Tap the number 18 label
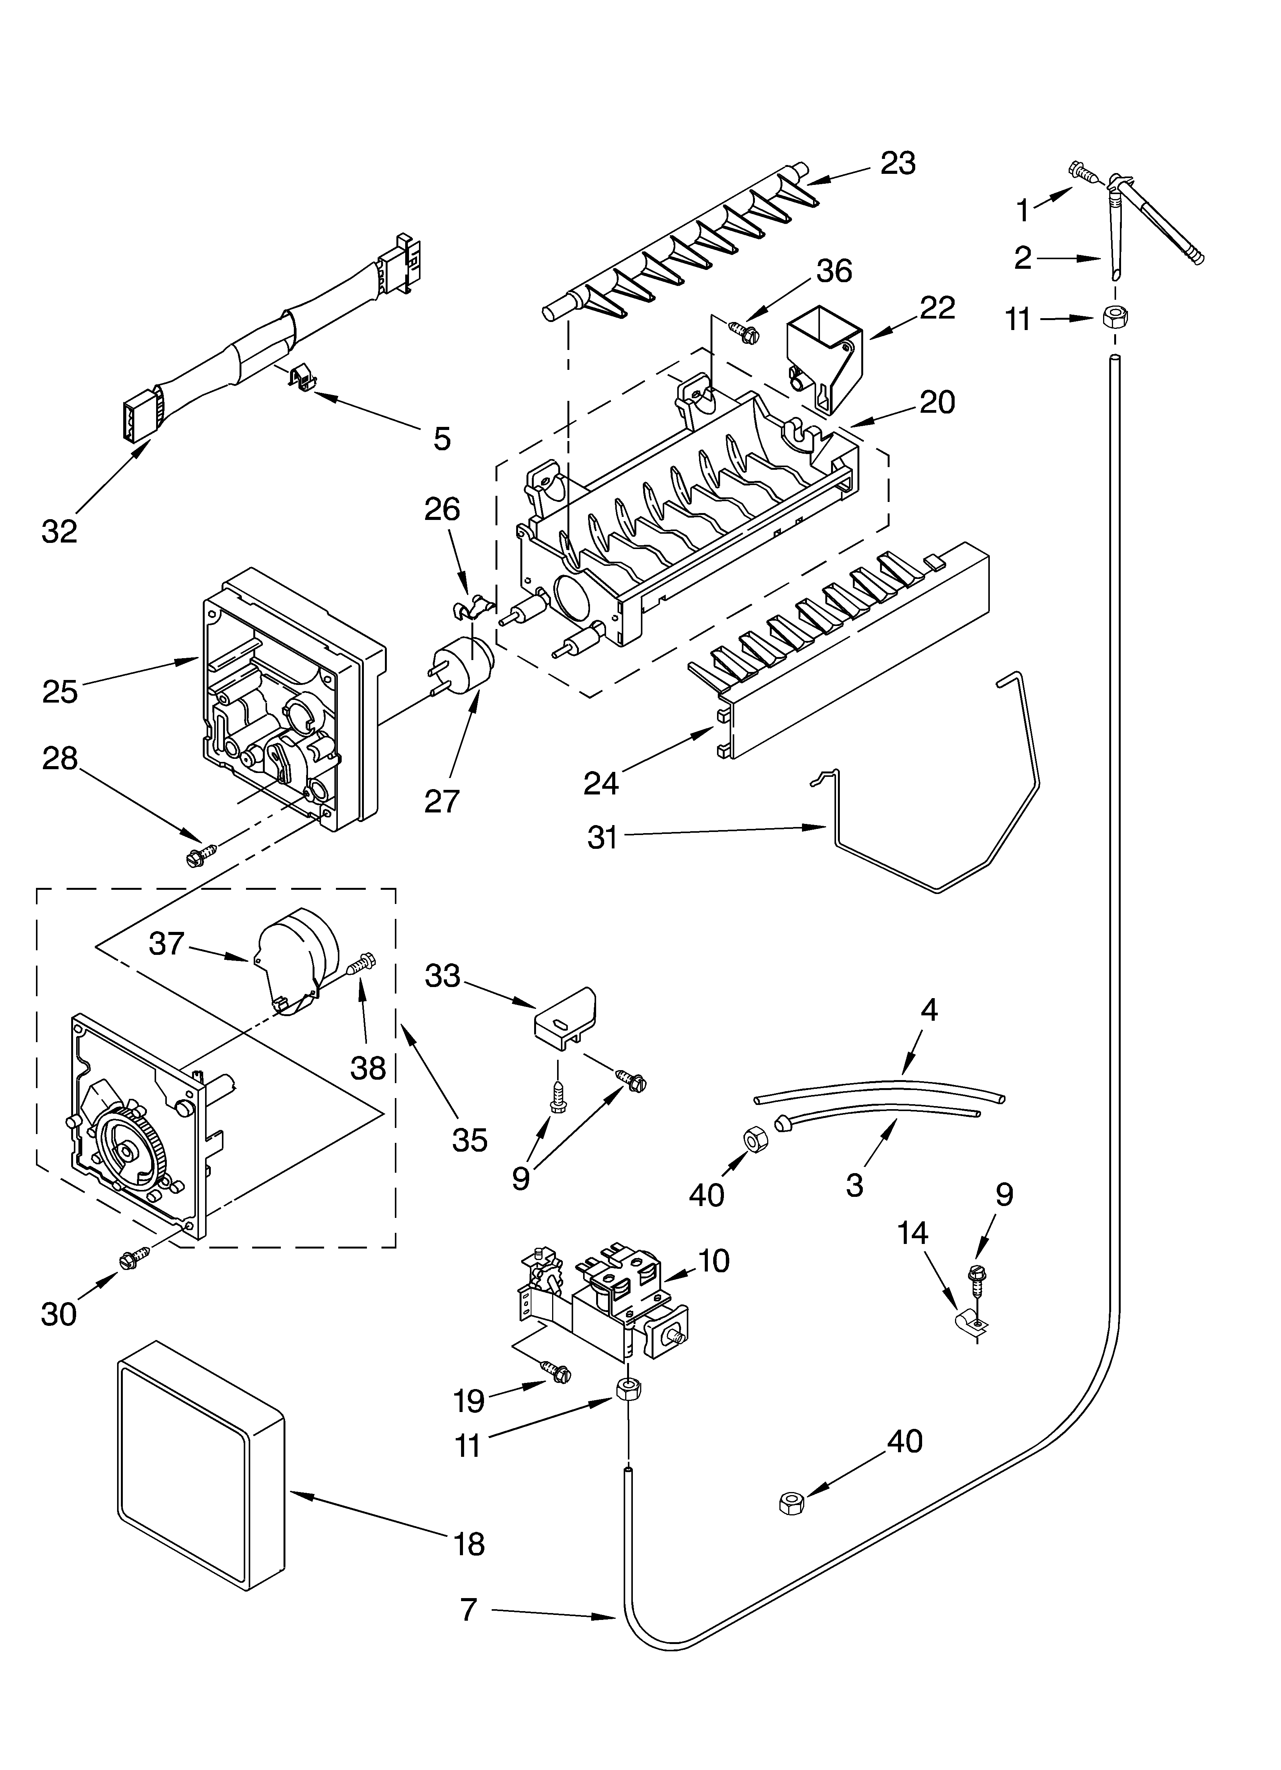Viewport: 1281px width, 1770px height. pyautogui.click(x=469, y=1544)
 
